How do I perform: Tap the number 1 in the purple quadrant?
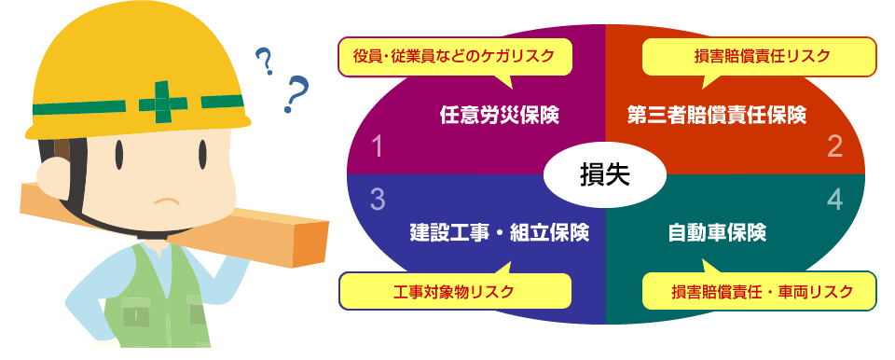click(378, 146)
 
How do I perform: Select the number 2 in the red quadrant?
click(834, 146)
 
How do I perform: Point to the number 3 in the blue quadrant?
click(378, 199)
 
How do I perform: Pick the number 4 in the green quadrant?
click(834, 199)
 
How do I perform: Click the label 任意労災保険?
click(499, 116)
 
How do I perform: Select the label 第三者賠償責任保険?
click(716, 116)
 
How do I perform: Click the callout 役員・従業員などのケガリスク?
click(454, 56)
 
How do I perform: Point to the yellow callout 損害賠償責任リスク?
click(762, 56)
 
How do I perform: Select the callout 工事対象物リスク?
click(454, 291)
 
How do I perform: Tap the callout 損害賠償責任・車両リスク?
click(762, 291)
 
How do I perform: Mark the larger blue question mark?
click(298, 94)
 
